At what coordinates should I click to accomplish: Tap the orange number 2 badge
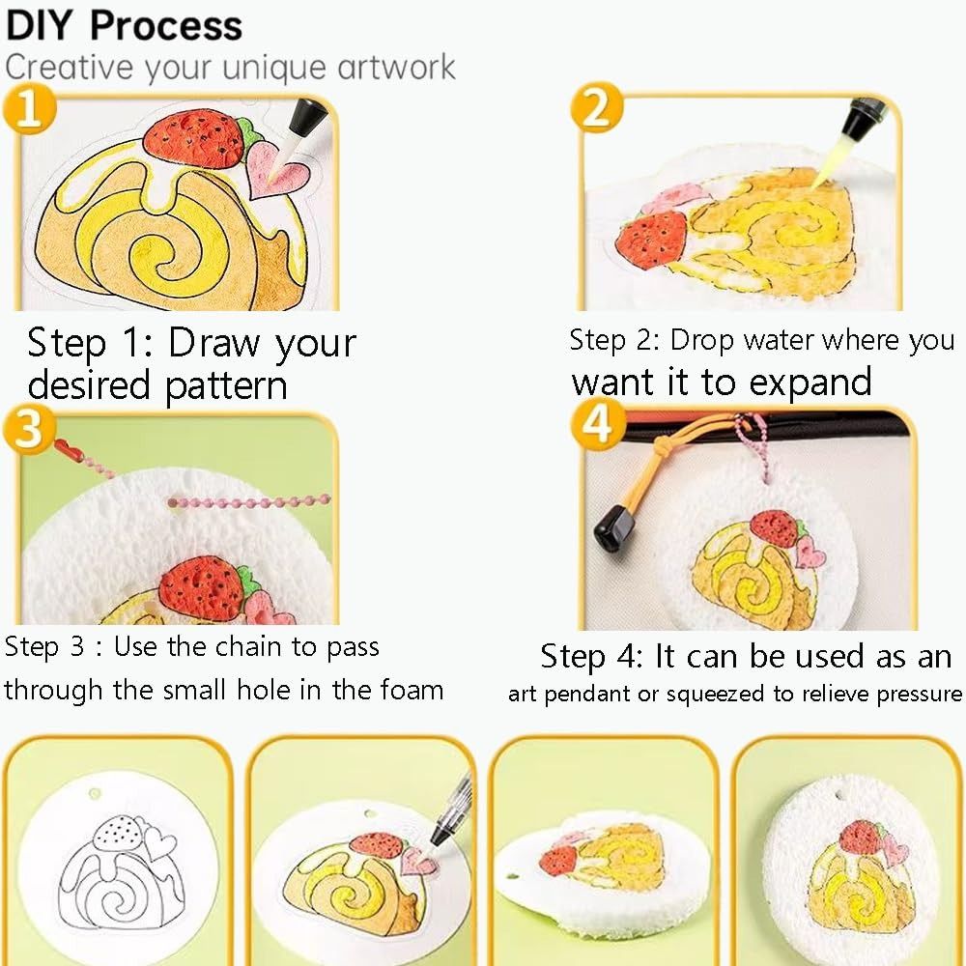pos(596,109)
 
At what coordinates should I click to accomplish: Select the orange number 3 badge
pos(29,429)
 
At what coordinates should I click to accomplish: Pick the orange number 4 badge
pos(599,425)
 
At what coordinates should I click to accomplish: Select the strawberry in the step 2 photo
pos(654,234)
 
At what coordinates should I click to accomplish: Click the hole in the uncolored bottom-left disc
pos(94,794)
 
